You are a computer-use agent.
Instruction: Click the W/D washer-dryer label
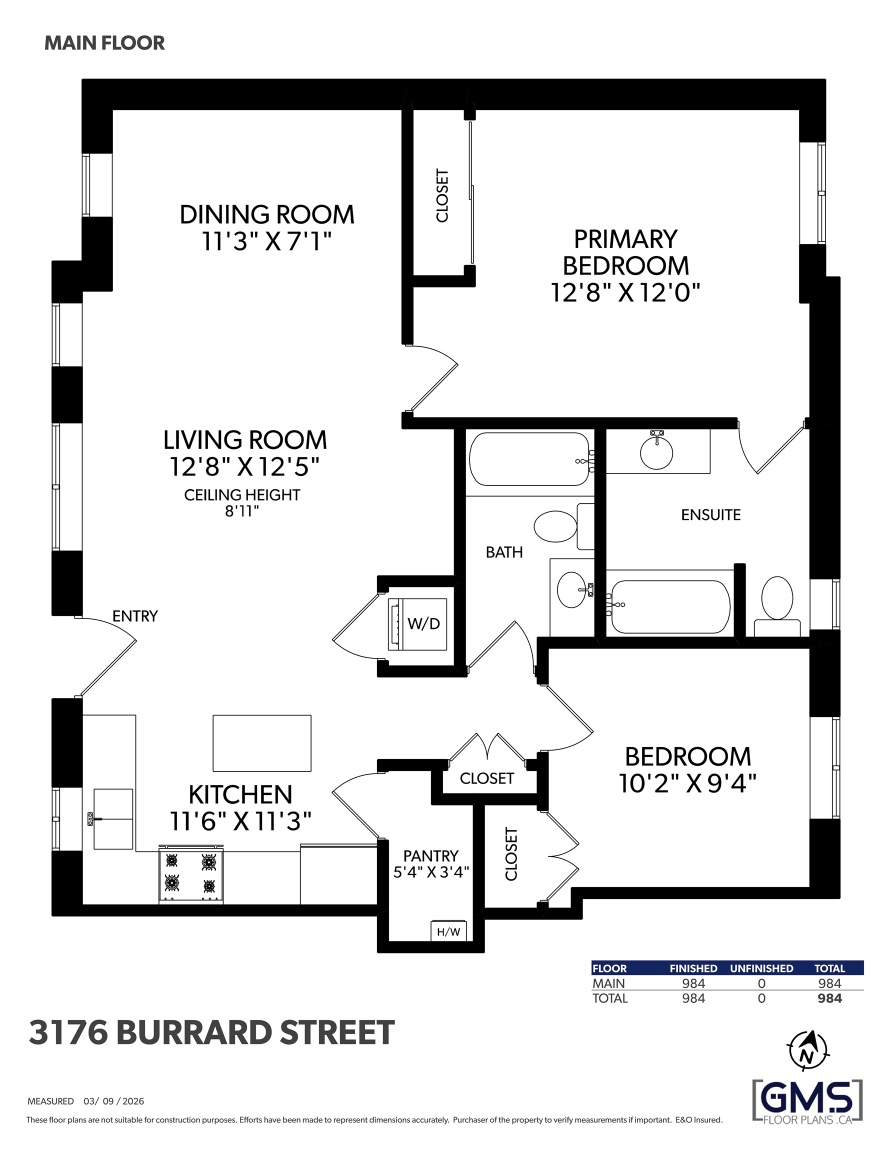423,623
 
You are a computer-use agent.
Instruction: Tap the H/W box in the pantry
448,931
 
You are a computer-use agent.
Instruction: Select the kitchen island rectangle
261,743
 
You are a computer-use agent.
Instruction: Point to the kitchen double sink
113,819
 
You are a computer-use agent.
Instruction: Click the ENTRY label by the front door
135,616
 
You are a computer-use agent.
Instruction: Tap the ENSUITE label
710,515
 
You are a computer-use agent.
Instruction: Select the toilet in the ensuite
777,606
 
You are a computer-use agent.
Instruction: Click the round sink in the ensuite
656,452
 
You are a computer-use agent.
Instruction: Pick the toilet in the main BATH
563,526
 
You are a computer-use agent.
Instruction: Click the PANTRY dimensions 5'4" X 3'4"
431,872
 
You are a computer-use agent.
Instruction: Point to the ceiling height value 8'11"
242,511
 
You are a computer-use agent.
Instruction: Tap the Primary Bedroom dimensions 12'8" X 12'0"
625,292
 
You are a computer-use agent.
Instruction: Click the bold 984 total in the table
829,998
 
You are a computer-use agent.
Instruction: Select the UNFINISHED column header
761,968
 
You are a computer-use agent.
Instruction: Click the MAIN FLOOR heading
104,43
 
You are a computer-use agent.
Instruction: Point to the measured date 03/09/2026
113,1101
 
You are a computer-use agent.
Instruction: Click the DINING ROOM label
267,214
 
